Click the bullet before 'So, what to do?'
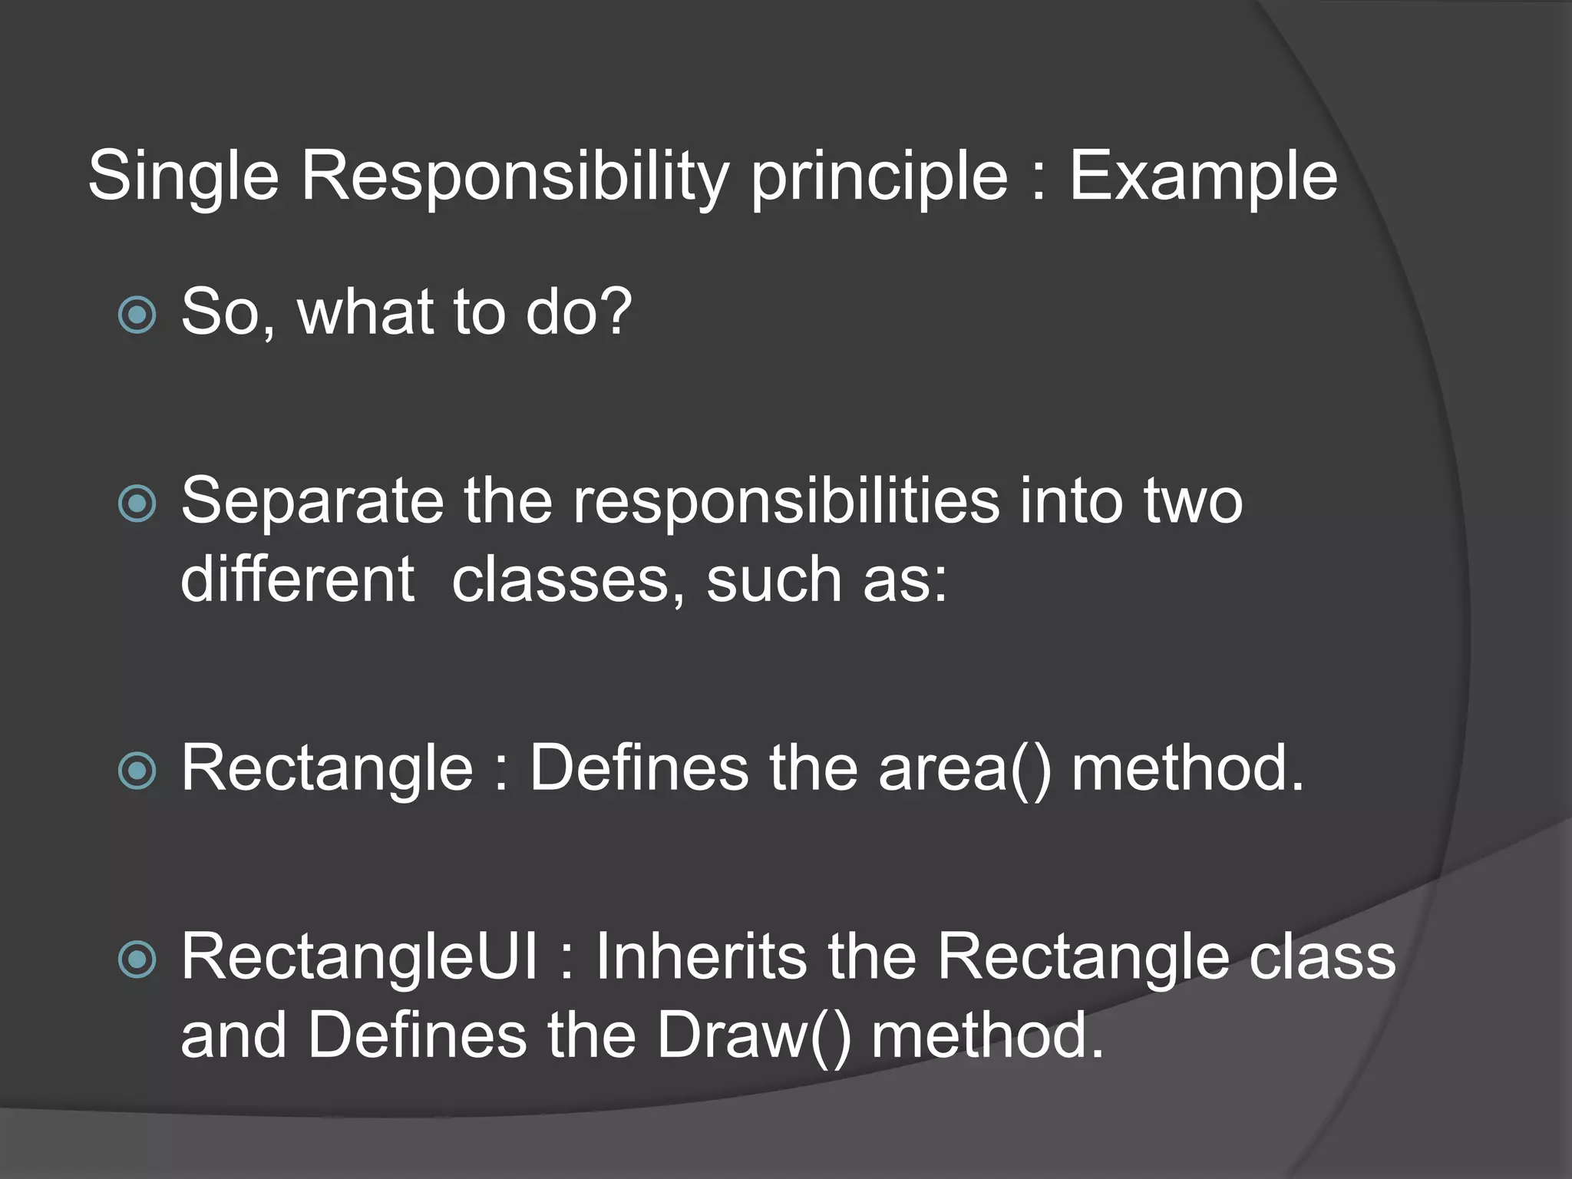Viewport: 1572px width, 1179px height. click(138, 315)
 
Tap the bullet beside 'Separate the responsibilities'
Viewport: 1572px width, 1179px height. click(138, 504)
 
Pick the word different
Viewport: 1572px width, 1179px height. click(297, 580)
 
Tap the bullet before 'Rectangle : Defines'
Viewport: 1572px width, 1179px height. click(138, 770)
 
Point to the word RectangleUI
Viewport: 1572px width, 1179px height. click(359, 957)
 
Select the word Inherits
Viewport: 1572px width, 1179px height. click(702, 957)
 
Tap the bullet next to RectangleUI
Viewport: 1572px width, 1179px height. click(138, 959)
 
